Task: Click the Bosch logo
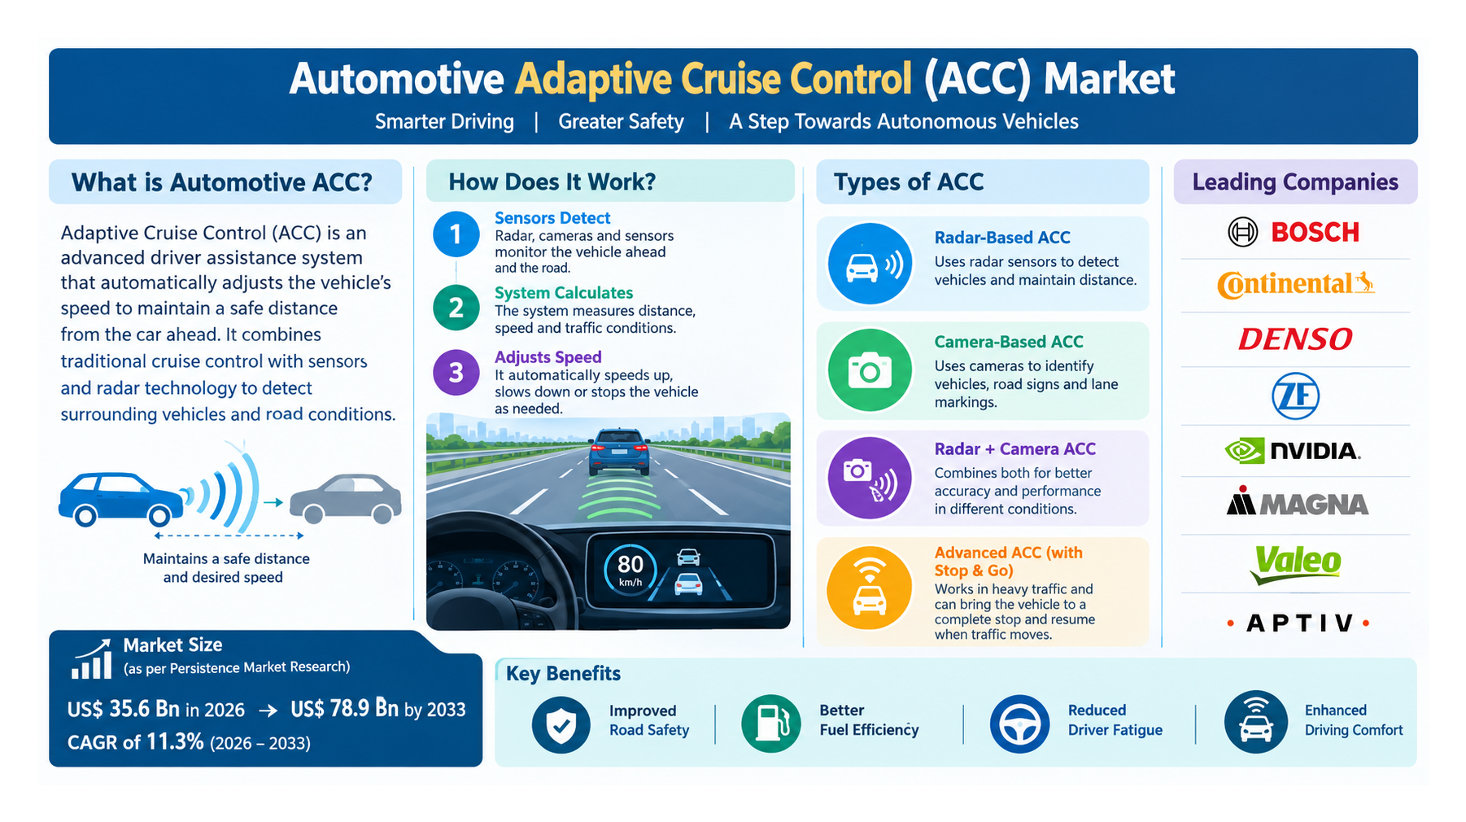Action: tap(1294, 232)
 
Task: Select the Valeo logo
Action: tap(1296, 563)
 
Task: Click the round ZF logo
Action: tap(1295, 396)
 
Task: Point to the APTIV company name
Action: tap(1298, 623)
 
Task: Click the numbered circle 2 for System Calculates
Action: tap(456, 308)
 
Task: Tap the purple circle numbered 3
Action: tap(456, 372)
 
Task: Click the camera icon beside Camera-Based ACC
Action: tap(870, 371)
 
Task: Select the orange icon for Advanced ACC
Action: tap(869, 588)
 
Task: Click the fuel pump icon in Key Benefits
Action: tap(771, 724)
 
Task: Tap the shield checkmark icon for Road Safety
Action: tap(561, 724)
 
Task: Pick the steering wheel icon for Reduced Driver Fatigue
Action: tap(1019, 724)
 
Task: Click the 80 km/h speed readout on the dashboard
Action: tap(630, 569)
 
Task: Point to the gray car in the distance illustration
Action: tap(346, 498)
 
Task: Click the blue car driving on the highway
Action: tap(619, 453)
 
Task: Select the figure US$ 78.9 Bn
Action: tap(344, 709)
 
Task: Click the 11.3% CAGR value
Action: tap(175, 741)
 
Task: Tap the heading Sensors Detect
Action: tap(552, 218)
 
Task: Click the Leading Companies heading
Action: tap(1295, 181)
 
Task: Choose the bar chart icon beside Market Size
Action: tap(91, 659)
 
